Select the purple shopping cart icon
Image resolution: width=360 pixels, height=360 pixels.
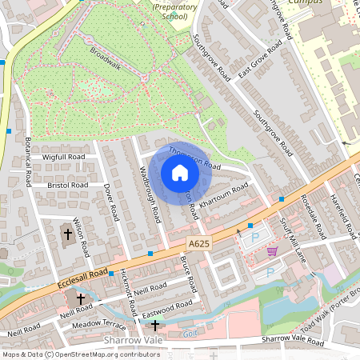click(272, 251)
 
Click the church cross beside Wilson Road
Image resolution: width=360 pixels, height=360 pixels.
click(67, 235)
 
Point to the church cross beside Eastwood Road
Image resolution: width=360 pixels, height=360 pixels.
click(154, 326)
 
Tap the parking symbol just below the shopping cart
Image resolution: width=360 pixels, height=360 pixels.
click(270, 271)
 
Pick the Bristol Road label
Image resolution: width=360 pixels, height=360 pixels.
click(68, 185)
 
